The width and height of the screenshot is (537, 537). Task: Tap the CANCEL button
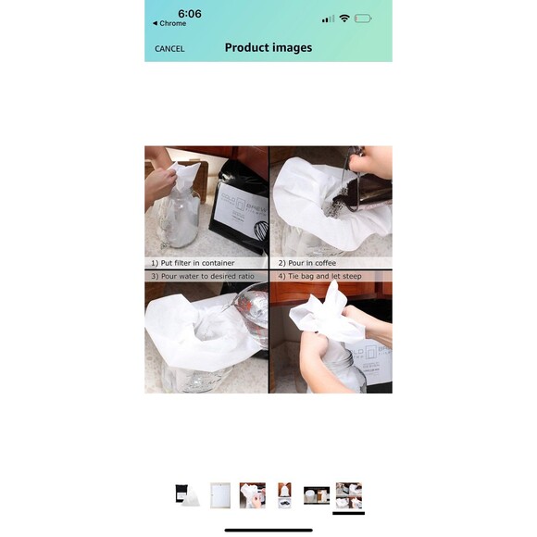coord(169,48)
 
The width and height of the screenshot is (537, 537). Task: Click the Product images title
coord(268,48)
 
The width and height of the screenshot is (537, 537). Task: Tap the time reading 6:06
coord(190,14)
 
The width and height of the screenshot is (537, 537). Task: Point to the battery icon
coord(363,19)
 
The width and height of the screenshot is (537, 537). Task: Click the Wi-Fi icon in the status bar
coord(343,19)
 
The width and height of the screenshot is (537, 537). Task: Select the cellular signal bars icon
coord(327,19)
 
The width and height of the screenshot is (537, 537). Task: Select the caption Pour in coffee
coord(306,263)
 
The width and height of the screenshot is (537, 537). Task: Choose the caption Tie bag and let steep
coord(320,276)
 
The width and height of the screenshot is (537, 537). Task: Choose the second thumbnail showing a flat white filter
coord(219,494)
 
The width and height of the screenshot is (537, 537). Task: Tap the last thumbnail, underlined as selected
coord(349,495)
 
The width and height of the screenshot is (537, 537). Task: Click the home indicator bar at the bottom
coord(268,530)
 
